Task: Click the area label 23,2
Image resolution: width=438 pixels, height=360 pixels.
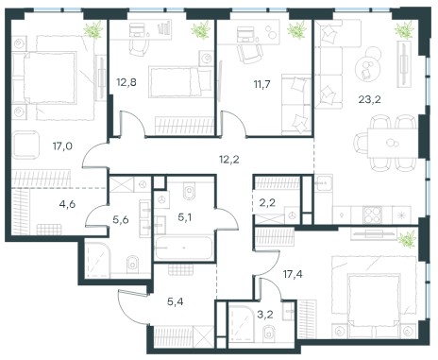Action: (x=369, y=99)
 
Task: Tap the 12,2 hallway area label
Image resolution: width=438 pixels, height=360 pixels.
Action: (x=229, y=160)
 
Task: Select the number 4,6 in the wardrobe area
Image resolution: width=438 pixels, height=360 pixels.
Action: (x=67, y=204)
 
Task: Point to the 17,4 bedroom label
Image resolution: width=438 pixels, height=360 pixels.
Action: (x=293, y=274)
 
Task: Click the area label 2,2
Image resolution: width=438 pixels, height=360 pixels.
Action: (x=268, y=202)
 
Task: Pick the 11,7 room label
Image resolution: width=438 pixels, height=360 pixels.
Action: (x=261, y=84)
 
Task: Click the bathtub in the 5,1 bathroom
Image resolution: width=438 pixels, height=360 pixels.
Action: (x=184, y=248)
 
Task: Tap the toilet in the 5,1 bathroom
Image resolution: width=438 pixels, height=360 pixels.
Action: (x=189, y=192)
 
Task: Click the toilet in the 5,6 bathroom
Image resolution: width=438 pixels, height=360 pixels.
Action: (x=133, y=264)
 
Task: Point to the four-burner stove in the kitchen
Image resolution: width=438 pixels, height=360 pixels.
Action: (x=373, y=214)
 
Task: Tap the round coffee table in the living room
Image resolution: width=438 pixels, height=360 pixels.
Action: (x=366, y=69)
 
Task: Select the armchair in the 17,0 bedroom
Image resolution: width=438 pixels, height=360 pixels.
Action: (x=25, y=146)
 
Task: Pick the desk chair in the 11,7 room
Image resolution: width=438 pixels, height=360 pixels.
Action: (x=250, y=53)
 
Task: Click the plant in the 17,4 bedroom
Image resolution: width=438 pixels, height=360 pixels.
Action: (x=408, y=238)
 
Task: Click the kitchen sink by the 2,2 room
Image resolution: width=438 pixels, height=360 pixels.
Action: (x=324, y=182)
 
